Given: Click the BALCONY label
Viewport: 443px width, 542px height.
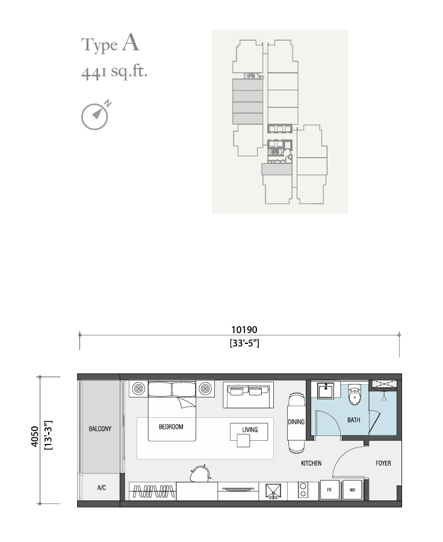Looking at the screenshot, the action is (x=100, y=429).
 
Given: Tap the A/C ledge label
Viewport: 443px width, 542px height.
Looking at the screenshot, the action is (x=102, y=488).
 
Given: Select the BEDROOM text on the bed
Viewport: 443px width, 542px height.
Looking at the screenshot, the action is (x=171, y=427).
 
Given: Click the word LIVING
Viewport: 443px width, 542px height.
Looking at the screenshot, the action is (x=250, y=429).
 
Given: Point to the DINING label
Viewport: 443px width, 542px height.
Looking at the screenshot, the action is (x=296, y=422).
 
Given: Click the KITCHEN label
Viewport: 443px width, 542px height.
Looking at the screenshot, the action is (x=311, y=463).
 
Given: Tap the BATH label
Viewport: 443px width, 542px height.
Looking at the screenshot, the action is (x=353, y=420).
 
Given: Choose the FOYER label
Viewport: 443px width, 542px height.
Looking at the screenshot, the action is (x=383, y=463).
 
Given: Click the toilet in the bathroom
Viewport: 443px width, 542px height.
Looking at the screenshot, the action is (x=355, y=394).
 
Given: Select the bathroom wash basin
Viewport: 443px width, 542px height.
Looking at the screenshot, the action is (x=326, y=390).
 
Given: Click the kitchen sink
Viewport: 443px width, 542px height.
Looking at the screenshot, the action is (x=273, y=491).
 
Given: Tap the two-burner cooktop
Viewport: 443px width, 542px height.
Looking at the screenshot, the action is (x=303, y=490).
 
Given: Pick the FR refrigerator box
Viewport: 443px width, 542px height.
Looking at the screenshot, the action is (x=329, y=490).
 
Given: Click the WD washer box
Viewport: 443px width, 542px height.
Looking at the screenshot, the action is (x=353, y=490).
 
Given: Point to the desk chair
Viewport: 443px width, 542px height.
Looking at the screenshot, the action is (x=199, y=473).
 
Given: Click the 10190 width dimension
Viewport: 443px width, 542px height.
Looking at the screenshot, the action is (x=244, y=330).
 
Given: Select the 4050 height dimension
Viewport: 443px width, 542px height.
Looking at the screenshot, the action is (x=34, y=437).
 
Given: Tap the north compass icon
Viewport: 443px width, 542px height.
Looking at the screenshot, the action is (x=96, y=116).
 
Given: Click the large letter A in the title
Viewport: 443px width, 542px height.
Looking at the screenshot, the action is (x=131, y=43).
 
